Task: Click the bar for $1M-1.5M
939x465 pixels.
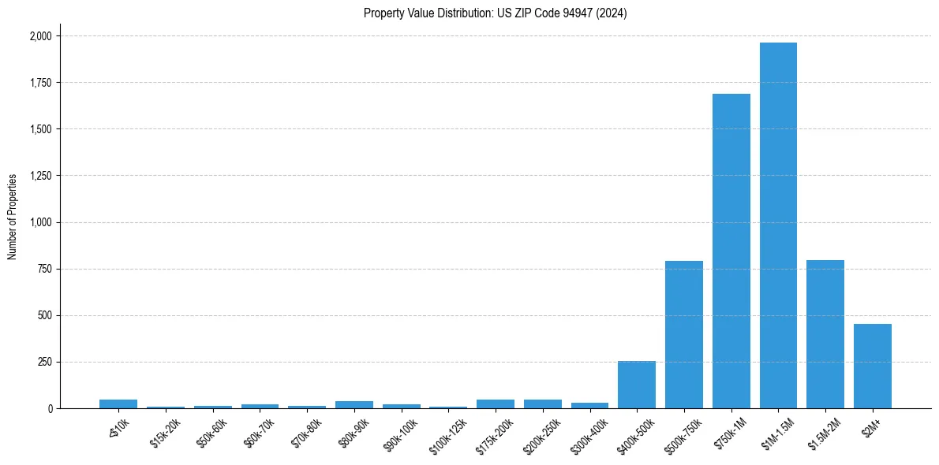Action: tap(778, 225)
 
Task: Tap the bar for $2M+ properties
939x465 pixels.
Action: tap(872, 366)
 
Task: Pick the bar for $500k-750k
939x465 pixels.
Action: tap(683, 334)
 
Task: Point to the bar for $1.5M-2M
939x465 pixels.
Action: tap(825, 334)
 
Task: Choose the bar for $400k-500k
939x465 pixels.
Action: tap(637, 385)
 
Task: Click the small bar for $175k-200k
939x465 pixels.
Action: tap(496, 404)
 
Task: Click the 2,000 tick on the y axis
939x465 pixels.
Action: tap(41, 36)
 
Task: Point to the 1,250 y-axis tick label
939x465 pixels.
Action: tap(41, 176)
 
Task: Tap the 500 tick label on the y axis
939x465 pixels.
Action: tap(46, 315)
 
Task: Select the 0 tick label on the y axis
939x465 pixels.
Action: tap(50, 409)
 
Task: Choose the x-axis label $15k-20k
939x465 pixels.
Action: tap(165, 429)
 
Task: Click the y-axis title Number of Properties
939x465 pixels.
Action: tap(13, 217)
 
